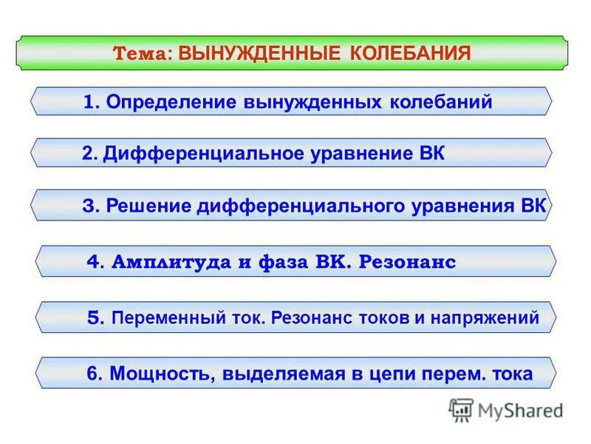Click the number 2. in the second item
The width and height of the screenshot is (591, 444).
(90, 153)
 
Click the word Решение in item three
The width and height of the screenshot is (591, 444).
(148, 206)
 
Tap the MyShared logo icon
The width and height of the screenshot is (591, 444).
(461, 409)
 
